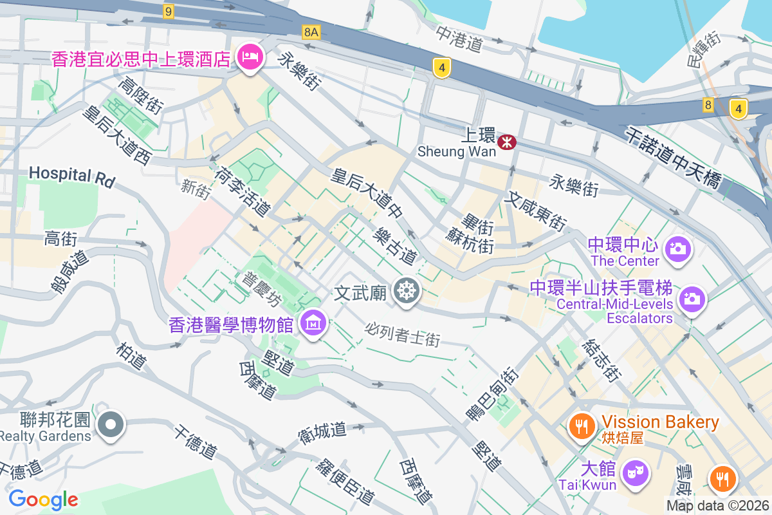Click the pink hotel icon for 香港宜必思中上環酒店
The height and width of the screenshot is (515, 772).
[x=249, y=58]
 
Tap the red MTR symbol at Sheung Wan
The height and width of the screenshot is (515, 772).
[x=507, y=142]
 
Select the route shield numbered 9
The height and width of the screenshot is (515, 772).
[x=169, y=11]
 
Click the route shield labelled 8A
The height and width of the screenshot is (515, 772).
[x=311, y=32]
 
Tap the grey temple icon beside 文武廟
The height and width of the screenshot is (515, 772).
[x=407, y=291]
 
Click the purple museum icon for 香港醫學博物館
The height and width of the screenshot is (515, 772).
[x=313, y=323]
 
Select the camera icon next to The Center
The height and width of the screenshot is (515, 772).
[x=677, y=248]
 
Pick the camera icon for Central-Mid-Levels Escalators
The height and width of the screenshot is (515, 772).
[x=692, y=298]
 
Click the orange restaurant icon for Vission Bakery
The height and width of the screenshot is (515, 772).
[x=582, y=426]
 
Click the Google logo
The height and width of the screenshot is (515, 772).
[x=43, y=499]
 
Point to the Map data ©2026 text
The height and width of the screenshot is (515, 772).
[x=717, y=506]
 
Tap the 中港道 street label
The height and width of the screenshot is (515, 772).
[x=459, y=39]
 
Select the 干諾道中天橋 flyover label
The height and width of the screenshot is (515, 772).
[x=673, y=158]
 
